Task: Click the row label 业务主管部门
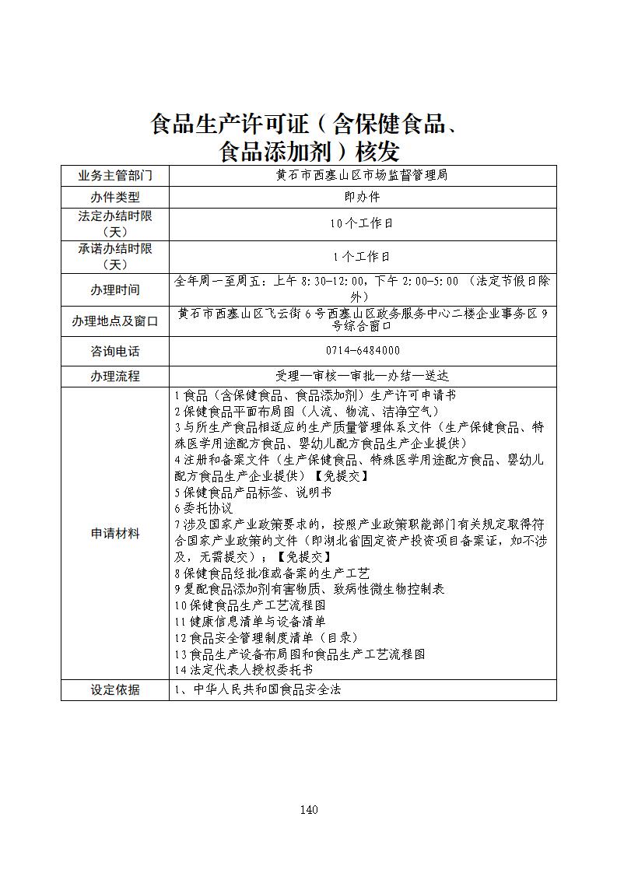pyautogui.click(x=115, y=175)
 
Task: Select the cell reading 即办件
pyautogui.click(x=363, y=198)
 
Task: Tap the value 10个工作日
pyautogui.click(x=363, y=223)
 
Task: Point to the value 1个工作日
pyautogui.click(x=363, y=256)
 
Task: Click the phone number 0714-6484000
pyautogui.click(x=363, y=351)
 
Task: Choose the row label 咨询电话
pyautogui.click(x=115, y=352)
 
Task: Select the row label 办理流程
pyautogui.click(x=115, y=376)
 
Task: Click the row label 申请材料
pyautogui.click(x=115, y=533)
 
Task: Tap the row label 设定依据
pyautogui.click(x=115, y=689)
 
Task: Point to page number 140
pyautogui.click(x=308, y=810)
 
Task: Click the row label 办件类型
pyautogui.click(x=115, y=198)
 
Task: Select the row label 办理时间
pyautogui.click(x=115, y=289)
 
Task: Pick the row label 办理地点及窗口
pyautogui.click(x=115, y=321)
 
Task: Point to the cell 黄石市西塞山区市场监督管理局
pyautogui.click(x=363, y=175)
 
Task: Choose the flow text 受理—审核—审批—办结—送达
pyautogui.click(x=363, y=376)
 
